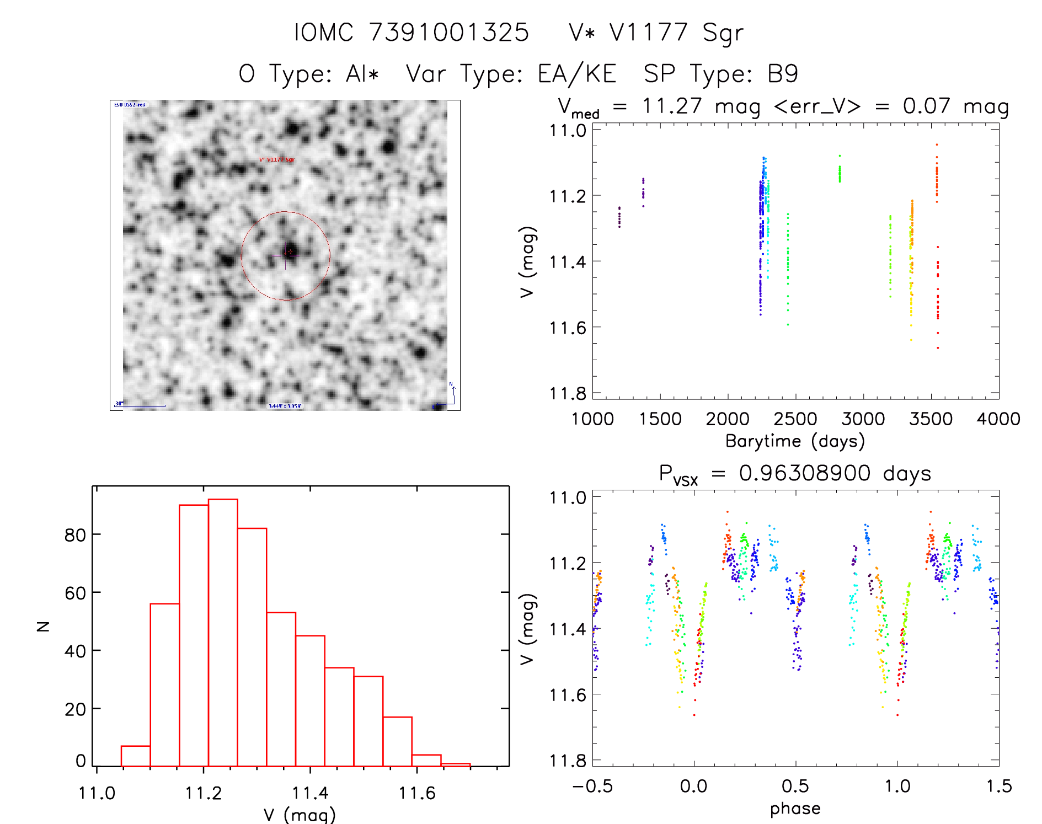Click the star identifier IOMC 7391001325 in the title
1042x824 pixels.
coord(412,33)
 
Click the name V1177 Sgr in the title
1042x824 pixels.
coord(676,33)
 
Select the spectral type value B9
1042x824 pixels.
coord(783,74)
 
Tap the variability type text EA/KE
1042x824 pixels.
coord(577,74)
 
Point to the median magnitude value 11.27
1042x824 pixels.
coord(672,106)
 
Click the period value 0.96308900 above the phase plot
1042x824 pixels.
coord(805,473)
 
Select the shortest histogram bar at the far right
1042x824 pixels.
coord(456,764)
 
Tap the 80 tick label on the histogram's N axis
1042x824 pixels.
coord(75,535)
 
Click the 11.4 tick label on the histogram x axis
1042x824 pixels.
coord(310,793)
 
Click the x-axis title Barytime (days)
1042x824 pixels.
coord(795,441)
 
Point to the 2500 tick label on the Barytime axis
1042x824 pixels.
coord(795,419)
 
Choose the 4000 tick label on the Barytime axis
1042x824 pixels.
coord(998,419)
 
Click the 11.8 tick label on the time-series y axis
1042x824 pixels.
coord(568,393)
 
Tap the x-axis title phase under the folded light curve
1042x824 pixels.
coord(795,809)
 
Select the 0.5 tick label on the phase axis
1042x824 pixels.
coord(795,786)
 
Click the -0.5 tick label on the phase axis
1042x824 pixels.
coord(592,786)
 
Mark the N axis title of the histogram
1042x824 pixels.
coord(43,626)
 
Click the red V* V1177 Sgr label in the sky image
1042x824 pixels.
coord(277,160)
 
